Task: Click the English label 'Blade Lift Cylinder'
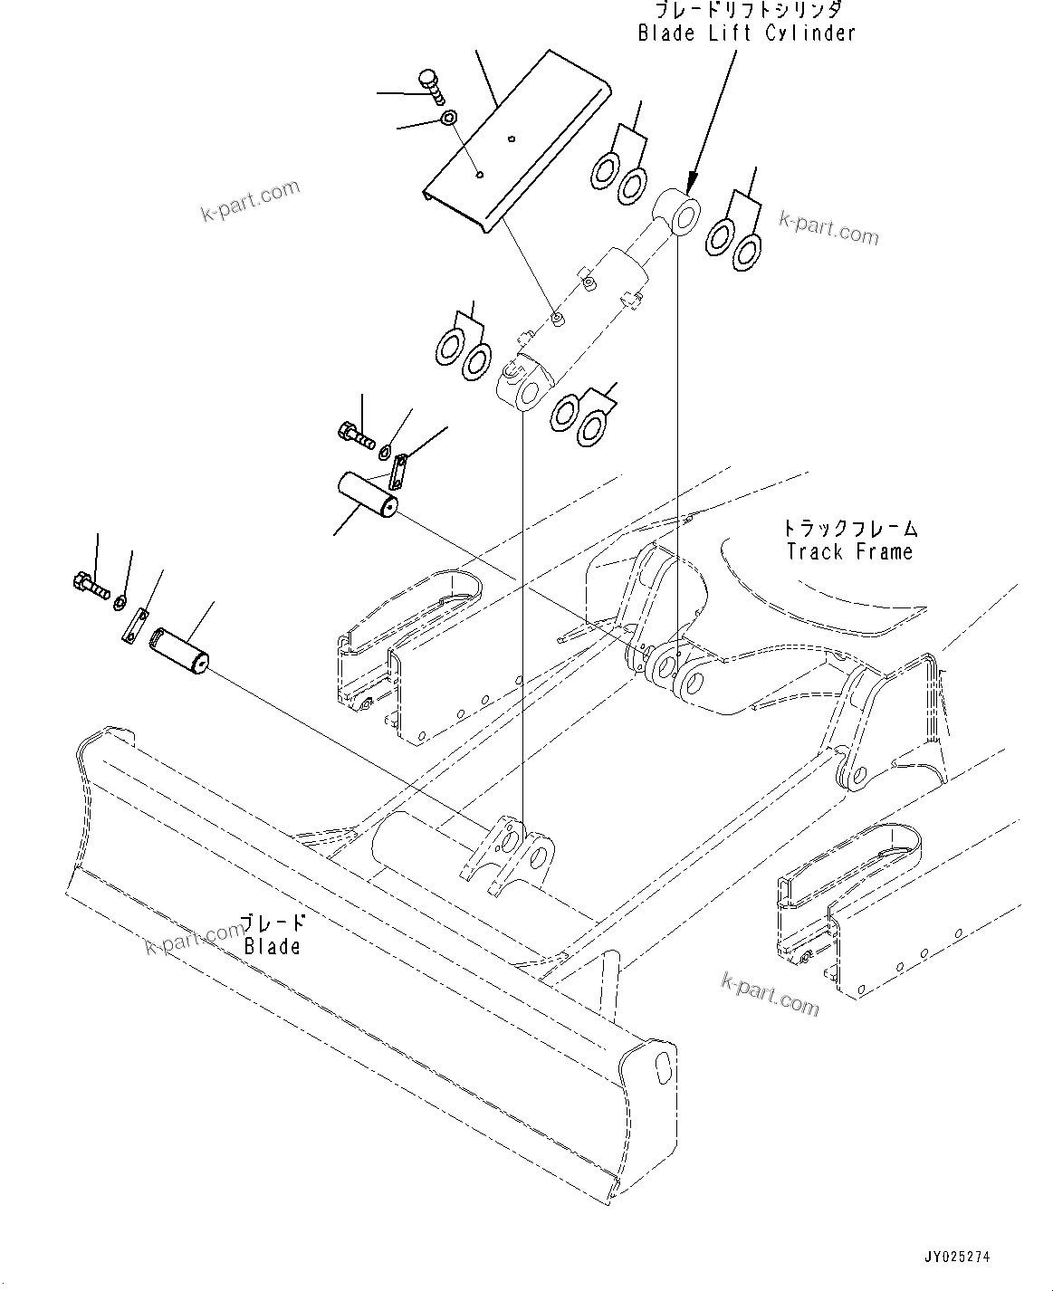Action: pyautogui.click(x=746, y=33)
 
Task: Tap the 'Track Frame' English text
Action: pyautogui.click(x=849, y=551)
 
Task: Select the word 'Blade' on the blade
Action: pyautogui.click(x=272, y=946)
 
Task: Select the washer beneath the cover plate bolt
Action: pyautogui.click(x=448, y=119)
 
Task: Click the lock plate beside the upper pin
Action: pyautogui.click(x=399, y=470)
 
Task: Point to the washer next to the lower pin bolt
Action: pyautogui.click(x=120, y=598)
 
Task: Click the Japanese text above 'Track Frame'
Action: pyautogui.click(x=849, y=528)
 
